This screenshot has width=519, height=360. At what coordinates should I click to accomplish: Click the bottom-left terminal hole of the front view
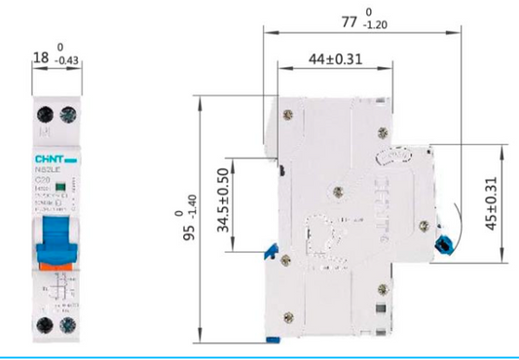(x=44, y=325)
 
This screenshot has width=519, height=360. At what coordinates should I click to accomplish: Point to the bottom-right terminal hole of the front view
(x=68, y=325)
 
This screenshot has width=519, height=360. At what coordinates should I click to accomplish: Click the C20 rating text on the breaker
(x=42, y=180)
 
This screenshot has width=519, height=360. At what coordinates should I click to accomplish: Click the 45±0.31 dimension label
(x=492, y=203)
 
